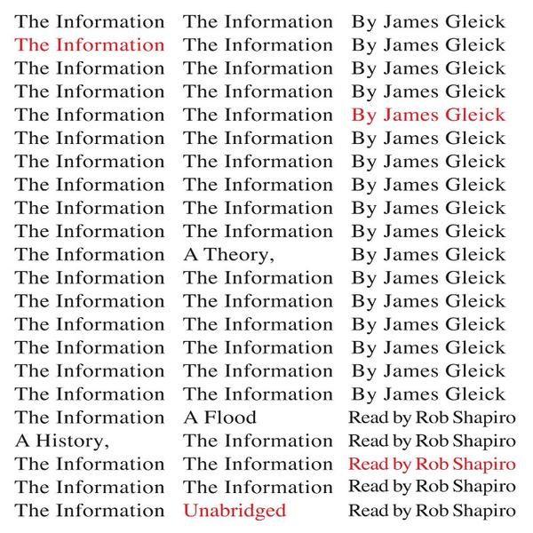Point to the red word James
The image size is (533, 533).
408,115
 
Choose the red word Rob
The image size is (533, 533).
432,464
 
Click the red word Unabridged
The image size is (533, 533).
235,510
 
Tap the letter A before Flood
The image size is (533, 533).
190,417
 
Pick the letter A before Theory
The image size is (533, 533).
190,254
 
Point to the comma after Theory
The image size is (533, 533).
266,259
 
